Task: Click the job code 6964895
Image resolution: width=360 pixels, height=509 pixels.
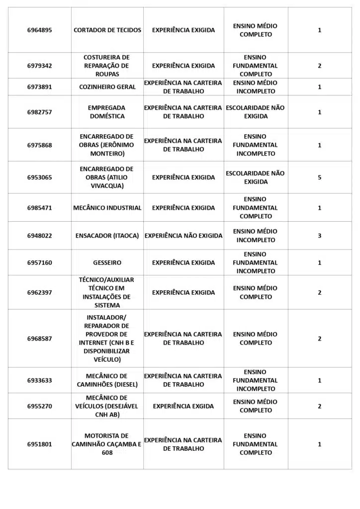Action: pos(39,30)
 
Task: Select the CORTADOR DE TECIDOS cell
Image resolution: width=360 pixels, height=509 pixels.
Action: pos(107,30)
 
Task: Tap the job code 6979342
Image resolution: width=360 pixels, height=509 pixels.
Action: pos(39,66)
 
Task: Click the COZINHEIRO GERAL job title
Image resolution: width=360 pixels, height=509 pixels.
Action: pos(107,87)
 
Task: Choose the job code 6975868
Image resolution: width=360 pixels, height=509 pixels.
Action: pos(39,145)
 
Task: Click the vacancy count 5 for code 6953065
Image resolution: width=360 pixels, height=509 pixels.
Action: pos(320,177)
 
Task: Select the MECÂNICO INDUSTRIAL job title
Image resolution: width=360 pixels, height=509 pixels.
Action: pos(107,208)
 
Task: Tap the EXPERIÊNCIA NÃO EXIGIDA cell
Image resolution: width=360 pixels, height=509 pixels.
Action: pos(183,236)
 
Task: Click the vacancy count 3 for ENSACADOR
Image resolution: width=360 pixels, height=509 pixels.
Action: pos(320,236)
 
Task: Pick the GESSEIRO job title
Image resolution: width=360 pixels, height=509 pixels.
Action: pos(107,262)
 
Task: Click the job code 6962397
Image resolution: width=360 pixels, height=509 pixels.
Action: pos(39,292)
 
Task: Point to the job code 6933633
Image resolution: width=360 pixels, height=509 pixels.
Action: pos(39,380)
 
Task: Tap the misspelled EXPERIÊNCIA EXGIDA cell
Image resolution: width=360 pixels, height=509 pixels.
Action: pos(183,406)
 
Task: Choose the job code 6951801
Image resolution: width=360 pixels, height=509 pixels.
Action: pos(39,444)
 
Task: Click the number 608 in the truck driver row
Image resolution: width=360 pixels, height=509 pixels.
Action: pos(107,453)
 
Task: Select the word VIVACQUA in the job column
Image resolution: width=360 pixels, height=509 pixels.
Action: pos(106,186)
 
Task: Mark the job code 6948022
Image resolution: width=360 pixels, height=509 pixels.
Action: pos(39,236)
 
